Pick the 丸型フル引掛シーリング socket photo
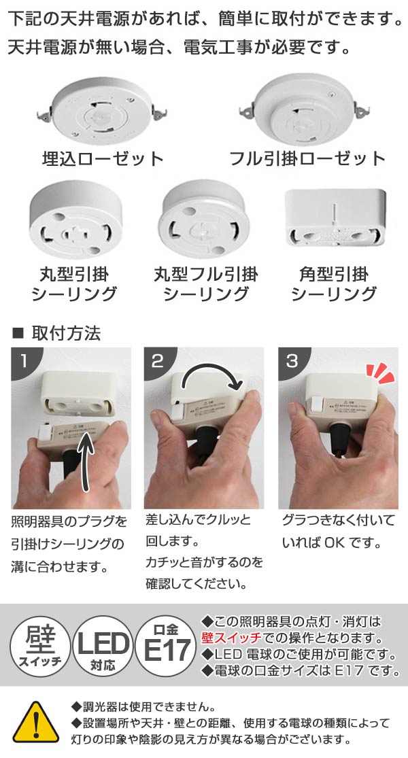(205, 219)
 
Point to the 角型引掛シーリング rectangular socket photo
(335, 217)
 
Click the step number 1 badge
(23, 360)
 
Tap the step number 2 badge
(157, 360)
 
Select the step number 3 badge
(291, 360)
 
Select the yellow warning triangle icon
(36, 722)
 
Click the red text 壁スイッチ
(231, 638)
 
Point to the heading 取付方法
(66, 333)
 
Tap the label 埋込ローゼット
(103, 158)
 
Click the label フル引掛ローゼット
(307, 158)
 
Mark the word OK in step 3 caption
(335, 542)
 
